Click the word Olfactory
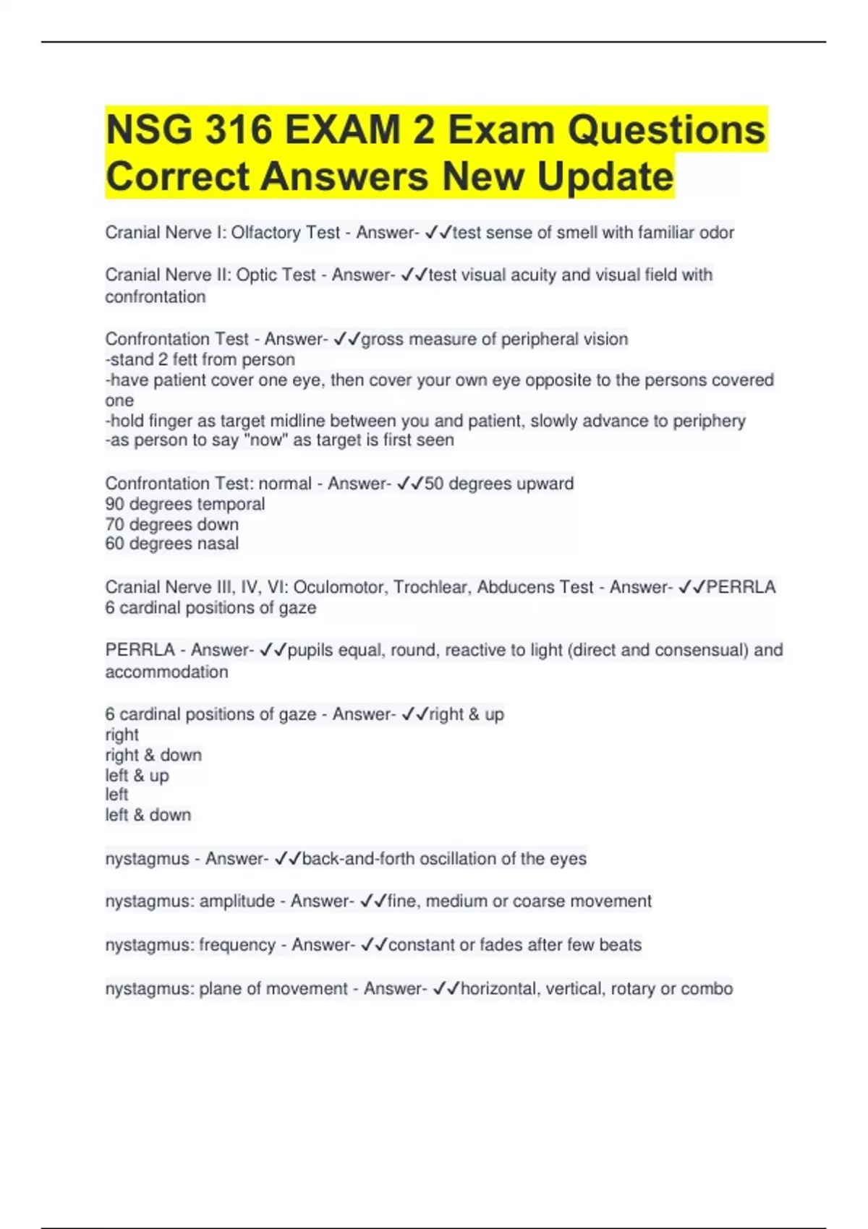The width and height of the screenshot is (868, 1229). point(265,233)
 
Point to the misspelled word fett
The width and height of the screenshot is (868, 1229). point(184,359)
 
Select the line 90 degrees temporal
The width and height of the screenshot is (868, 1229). point(184,504)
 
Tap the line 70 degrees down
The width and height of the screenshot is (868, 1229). point(171,524)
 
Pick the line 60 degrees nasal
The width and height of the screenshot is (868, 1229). point(171,544)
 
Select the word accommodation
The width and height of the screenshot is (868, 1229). point(166,672)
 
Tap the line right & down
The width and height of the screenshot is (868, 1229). point(153,755)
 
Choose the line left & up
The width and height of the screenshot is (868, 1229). point(137,776)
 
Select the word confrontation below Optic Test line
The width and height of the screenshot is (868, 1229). point(156,296)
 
